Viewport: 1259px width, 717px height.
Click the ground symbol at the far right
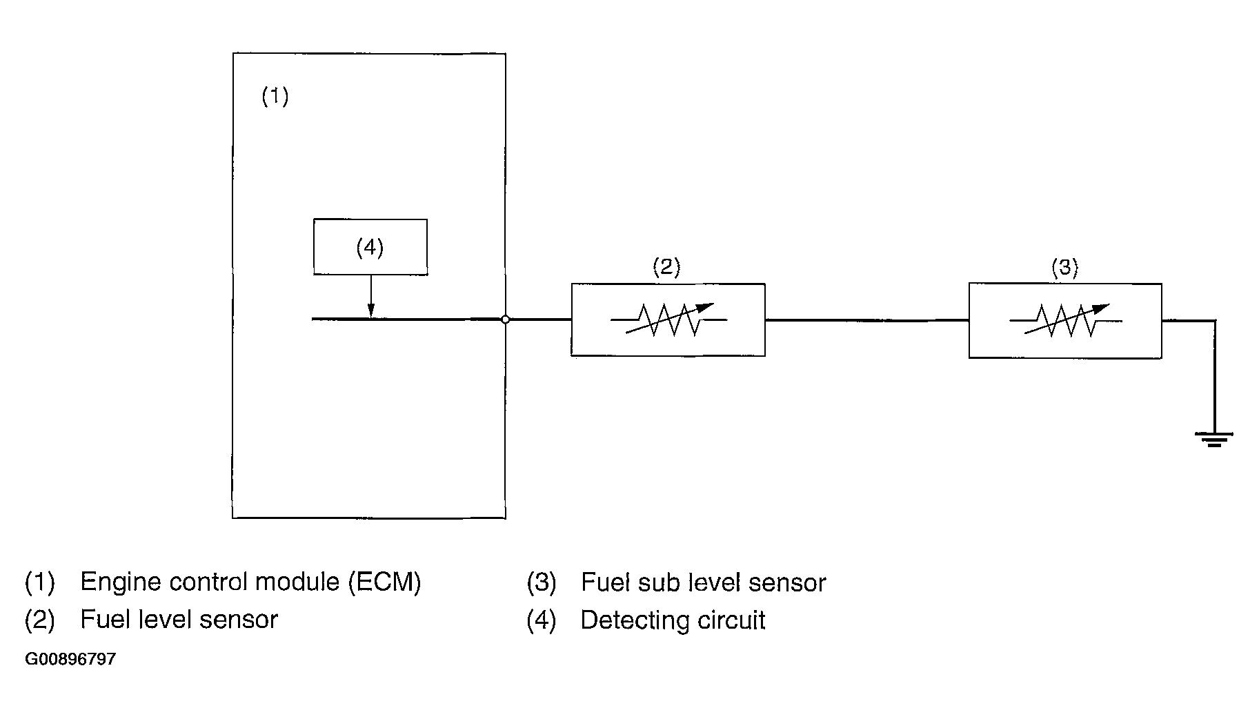(1214, 439)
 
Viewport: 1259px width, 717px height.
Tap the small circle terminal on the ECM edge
(505, 320)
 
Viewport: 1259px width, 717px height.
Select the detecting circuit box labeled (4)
(370, 247)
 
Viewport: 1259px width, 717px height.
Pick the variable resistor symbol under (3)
(1067, 320)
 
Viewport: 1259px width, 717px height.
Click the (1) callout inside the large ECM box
(275, 96)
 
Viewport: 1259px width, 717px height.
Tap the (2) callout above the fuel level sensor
(666, 267)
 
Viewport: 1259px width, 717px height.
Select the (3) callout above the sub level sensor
(1064, 267)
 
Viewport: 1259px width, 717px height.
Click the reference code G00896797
(70, 659)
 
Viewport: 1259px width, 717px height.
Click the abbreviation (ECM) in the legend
(384, 582)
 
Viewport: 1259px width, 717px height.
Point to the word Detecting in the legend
(632, 620)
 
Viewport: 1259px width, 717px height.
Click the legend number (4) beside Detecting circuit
(542, 620)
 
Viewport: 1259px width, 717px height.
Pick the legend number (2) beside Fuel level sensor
(39, 620)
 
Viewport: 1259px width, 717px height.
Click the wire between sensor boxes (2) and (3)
(866, 320)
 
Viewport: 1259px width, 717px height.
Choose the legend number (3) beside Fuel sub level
(542, 583)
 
